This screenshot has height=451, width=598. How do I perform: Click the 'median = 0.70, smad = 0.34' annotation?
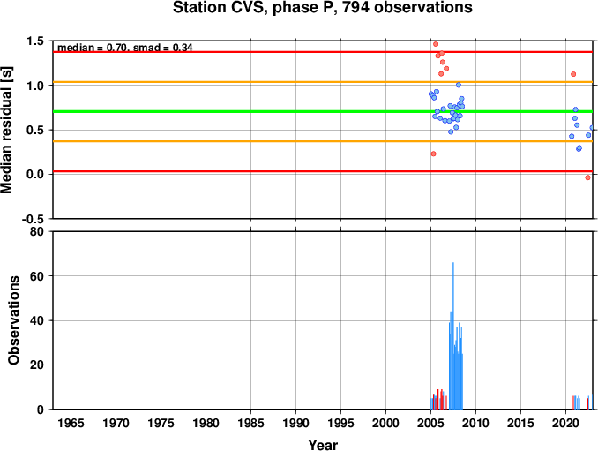coord(125,48)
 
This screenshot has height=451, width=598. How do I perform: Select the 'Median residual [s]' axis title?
coord(6,130)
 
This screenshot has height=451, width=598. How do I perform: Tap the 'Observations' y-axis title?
coord(14,320)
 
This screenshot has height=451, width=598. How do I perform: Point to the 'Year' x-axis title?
coord(323,445)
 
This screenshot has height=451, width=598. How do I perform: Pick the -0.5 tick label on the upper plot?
coord(33,219)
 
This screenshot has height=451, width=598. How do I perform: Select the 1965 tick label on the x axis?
coord(71,423)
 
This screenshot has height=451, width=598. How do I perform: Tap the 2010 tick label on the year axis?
coord(475,423)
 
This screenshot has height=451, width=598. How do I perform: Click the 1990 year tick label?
coord(296,423)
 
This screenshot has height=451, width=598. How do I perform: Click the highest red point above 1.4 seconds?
coord(436,44)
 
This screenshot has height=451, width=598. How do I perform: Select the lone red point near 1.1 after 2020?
coord(573,74)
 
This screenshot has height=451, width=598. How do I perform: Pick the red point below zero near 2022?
coord(587,177)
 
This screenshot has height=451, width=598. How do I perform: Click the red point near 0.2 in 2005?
coord(433,154)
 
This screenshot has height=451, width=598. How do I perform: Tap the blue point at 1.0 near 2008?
coord(459,85)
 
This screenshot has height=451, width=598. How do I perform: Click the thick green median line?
coord(323,111)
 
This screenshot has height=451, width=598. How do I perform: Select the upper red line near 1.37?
coord(323,52)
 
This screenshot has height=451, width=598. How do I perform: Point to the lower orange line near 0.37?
coord(323,141)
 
